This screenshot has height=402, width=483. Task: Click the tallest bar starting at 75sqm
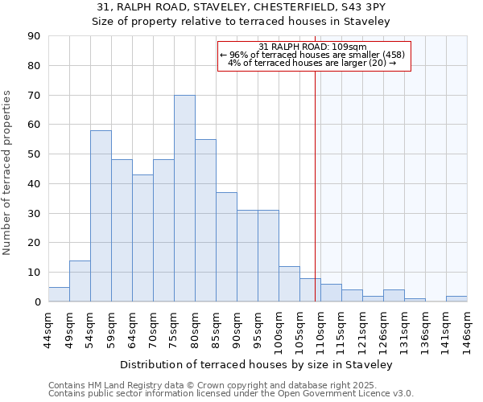point(184,199)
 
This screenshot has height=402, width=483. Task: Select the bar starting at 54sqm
point(101,216)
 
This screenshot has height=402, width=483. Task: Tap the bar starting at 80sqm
point(205,220)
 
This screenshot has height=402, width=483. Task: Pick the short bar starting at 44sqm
point(59,294)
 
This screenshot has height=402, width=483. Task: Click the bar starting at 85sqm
point(226,247)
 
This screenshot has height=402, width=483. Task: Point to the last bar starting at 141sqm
point(456,298)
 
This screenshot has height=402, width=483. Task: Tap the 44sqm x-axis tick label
point(49,329)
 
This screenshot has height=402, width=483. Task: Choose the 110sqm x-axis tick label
point(321,329)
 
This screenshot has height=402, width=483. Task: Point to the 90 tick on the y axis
point(34,36)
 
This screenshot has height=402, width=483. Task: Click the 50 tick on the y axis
point(34,154)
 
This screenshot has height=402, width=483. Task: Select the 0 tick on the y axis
point(37,301)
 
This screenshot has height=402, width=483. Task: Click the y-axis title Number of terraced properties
point(8,173)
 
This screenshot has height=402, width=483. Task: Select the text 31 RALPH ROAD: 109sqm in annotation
point(312,47)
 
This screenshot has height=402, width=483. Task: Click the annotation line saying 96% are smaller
point(312,55)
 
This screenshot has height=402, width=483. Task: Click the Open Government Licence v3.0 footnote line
point(231,394)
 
